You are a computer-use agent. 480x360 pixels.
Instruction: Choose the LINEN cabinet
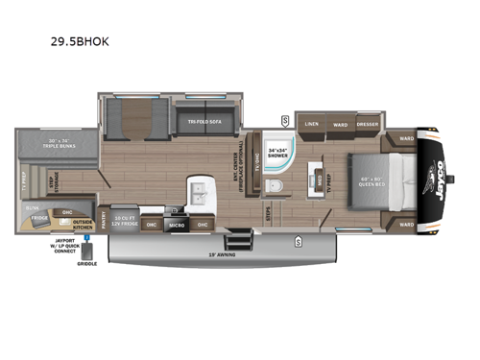point(311,124)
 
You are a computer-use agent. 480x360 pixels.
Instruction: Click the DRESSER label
point(367,124)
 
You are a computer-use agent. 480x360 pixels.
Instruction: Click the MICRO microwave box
point(177,225)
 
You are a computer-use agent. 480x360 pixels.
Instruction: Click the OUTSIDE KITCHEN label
point(83,224)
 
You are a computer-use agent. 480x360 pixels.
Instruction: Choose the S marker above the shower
point(285,119)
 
